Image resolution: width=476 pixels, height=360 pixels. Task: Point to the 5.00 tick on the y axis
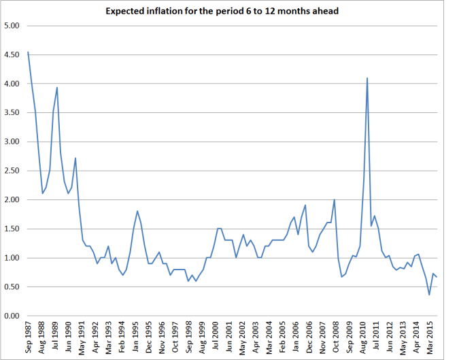pos(12,26)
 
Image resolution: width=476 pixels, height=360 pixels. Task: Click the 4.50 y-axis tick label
pos(12,55)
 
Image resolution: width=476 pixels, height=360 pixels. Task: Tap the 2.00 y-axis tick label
pos(12,200)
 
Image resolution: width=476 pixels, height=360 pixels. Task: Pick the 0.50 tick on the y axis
pos(12,287)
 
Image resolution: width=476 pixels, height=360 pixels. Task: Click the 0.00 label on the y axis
pos(12,316)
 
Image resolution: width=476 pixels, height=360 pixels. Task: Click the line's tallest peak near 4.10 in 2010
pos(367,78)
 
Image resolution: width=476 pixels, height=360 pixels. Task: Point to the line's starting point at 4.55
pos(28,52)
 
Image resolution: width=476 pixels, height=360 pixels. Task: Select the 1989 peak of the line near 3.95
pos(57,87)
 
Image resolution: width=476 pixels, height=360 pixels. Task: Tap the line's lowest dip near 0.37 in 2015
pos(429,295)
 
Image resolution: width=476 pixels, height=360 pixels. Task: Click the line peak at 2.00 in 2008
pos(335,200)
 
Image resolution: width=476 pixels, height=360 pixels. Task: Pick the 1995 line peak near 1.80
pos(137,211)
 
